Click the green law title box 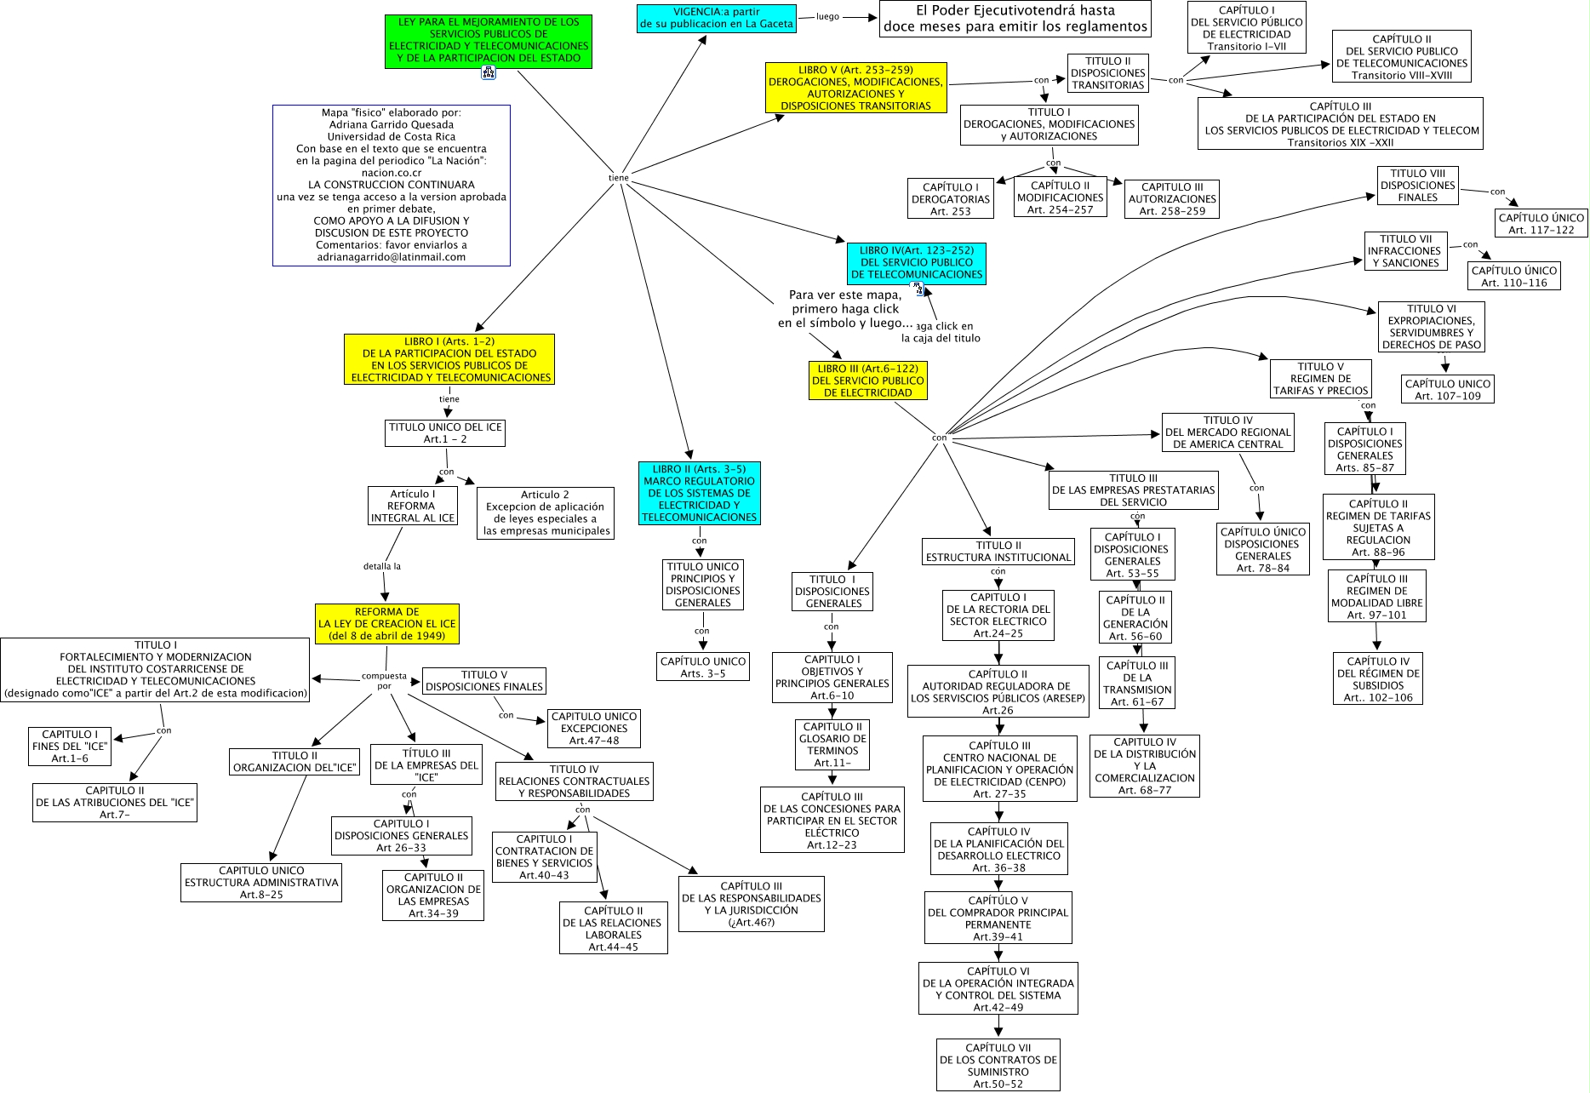(x=488, y=41)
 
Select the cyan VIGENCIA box (x=716, y=19)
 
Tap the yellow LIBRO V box (x=855, y=88)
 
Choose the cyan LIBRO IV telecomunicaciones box (x=916, y=263)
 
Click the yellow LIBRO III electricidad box (x=867, y=381)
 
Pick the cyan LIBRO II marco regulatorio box (x=699, y=493)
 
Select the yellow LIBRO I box (x=449, y=359)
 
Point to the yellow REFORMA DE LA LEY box (x=386, y=624)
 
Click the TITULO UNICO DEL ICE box (x=445, y=433)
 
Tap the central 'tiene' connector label (x=619, y=178)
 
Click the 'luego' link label (x=827, y=16)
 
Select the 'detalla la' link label (x=382, y=566)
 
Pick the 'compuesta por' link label (x=384, y=681)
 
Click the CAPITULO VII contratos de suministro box (x=998, y=1066)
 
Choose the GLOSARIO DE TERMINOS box (x=832, y=745)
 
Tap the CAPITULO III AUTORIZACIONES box (x=1172, y=199)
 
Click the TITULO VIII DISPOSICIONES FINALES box (x=1417, y=186)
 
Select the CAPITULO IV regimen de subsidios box (x=1378, y=679)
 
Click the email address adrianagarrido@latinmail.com (x=391, y=257)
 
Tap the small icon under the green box (x=489, y=73)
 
